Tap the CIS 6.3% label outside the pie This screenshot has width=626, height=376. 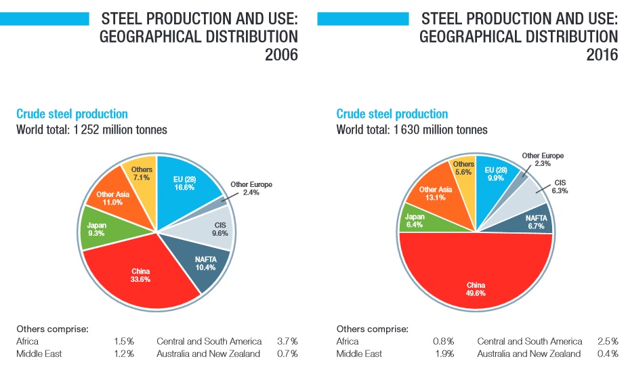pyautogui.click(x=560, y=187)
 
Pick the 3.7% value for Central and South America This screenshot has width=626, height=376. pyautogui.click(x=287, y=341)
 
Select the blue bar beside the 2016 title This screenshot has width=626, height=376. pyautogui.click(x=363, y=18)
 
